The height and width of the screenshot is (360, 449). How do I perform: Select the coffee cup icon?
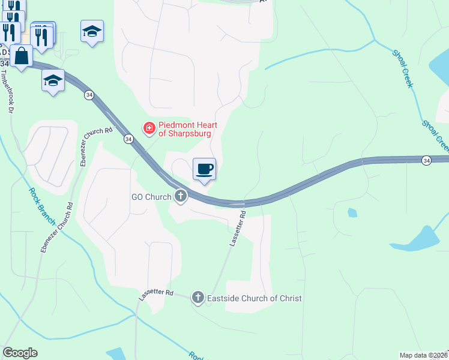pos(204,169)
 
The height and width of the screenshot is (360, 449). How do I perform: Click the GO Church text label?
pos(152,197)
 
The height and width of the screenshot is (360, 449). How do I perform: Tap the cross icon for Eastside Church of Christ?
pos(197,297)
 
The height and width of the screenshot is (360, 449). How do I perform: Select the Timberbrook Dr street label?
pos(7,92)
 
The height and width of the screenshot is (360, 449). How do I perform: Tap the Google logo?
pos(20,353)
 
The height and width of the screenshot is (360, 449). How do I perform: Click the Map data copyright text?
pos(423,355)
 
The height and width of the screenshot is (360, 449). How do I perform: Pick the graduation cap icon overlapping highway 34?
pos(53,80)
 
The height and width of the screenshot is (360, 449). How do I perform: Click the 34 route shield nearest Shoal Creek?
pos(426,160)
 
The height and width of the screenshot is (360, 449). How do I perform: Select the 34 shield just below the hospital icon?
pos(128,139)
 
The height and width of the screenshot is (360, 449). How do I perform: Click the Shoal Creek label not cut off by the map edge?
pos(402,68)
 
